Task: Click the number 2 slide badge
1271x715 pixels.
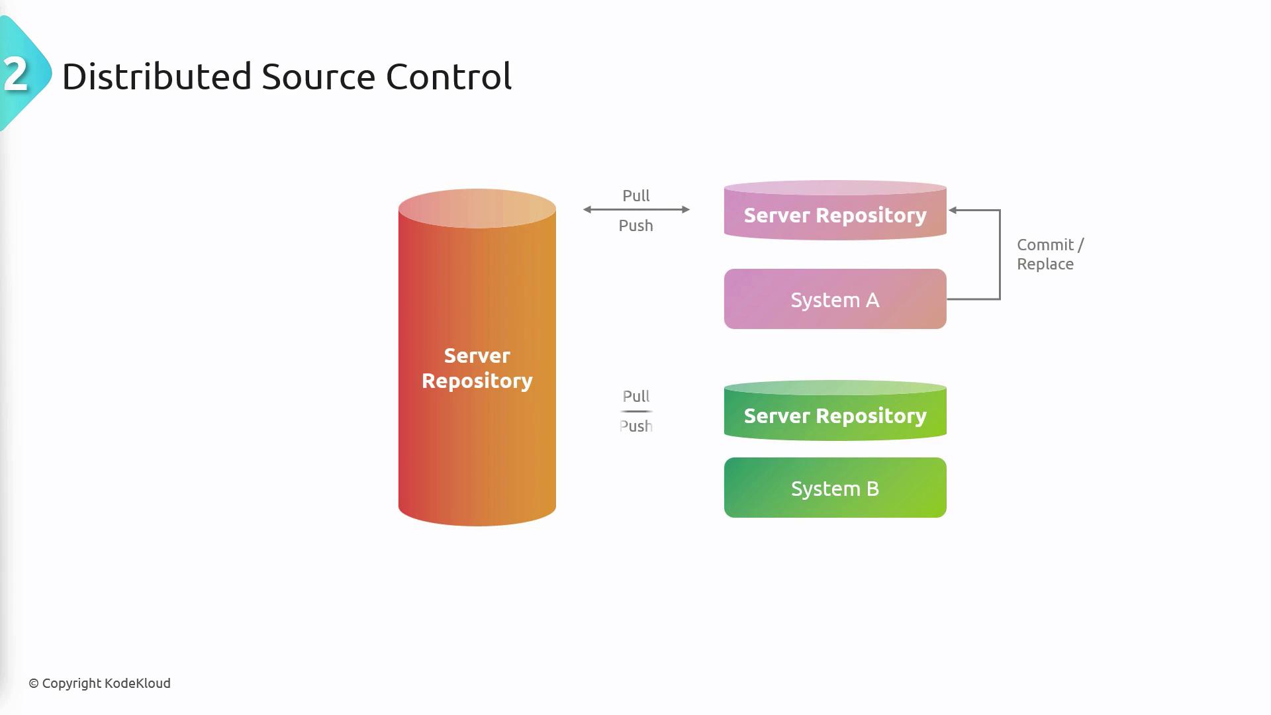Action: (x=17, y=74)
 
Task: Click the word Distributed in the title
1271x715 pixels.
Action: (x=156, y=76)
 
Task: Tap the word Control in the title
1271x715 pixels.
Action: (x=448, y=76)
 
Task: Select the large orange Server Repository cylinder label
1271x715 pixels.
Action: (x=477, y=368)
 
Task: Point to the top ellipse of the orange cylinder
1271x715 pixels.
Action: (x=477, y=208)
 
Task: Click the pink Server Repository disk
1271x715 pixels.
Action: (x=835, y=215)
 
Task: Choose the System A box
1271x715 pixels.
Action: (x=835, y=299)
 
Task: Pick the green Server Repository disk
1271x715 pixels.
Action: (x=835, y=416)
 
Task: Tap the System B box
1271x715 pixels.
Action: (x=835, y=488)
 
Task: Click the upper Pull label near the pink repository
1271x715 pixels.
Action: (x=635, y=196)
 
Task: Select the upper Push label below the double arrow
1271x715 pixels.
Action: (x=635, y=226)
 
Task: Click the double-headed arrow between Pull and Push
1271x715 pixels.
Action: (x=636, y=210)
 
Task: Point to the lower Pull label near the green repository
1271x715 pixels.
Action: (x=635, y=397)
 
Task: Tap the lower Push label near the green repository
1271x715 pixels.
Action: (x=635, y=426)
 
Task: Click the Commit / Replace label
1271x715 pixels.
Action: (x=1049, y=254)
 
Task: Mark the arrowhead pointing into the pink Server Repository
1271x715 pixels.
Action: (x=953, y=211)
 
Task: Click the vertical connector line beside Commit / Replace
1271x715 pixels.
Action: (x=1000, y=255)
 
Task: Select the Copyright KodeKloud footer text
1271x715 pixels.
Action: (x=99, y=683)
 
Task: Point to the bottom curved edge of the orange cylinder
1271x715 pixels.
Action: (x=477, y=523)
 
